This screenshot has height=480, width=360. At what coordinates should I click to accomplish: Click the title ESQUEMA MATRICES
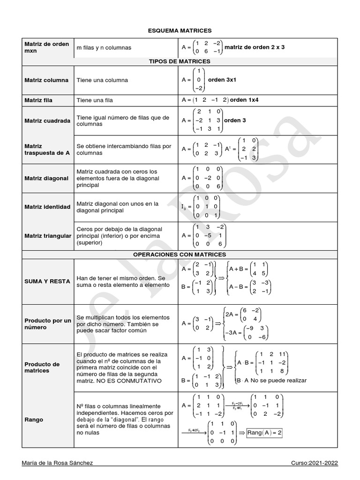pos(180,30)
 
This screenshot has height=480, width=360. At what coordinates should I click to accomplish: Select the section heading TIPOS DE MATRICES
pos(180,61)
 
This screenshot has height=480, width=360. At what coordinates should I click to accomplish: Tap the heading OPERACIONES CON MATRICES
pos(180,255)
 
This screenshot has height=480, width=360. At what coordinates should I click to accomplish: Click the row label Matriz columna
pos(46,80)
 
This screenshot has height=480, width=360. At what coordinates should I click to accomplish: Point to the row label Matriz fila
pos(38,100)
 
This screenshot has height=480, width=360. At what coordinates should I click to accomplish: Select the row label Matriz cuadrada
pos(47,120)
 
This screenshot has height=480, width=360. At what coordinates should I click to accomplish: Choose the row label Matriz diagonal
pos(46,178)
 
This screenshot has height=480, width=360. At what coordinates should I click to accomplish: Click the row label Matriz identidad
pos(47,207)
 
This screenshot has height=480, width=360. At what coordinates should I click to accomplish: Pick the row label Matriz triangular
pos(48,235)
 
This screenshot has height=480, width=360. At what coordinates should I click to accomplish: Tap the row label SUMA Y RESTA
pos(47,281)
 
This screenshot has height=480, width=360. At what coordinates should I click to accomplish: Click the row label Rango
pos(34,420)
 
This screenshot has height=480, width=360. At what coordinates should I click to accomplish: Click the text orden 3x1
pos(222,80)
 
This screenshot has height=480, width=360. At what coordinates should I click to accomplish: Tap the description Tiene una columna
pos(102,80)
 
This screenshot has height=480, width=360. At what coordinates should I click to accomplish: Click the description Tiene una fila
pos(95,100)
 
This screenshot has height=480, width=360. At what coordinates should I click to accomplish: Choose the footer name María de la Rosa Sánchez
pos(57,463)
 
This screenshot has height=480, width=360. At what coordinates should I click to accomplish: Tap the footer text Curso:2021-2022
pos(314,463)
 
